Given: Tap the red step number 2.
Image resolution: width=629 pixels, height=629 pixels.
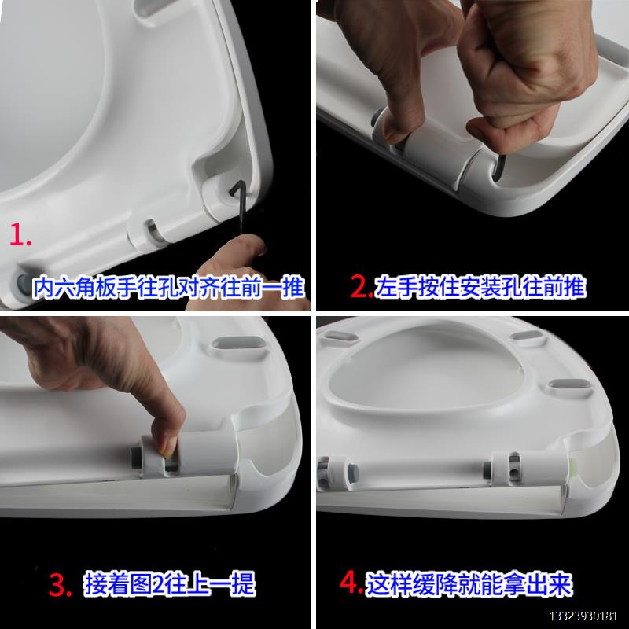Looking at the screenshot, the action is pyautogui.click(x=362, y=286).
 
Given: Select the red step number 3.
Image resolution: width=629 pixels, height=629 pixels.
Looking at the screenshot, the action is pyautogui.click(x=61, y=585).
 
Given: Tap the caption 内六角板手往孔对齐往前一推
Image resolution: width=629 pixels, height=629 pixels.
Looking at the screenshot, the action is pyautogui.click(x=168, y=287).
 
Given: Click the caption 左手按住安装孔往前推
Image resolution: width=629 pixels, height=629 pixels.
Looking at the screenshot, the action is pyautogui.click(x=480, y=286).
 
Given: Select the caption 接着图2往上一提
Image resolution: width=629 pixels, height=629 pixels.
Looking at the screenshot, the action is pyautogui.click(x=170, y=584).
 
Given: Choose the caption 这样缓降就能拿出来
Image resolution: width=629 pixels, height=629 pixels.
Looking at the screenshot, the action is pyautogui.click(x=469, y=583).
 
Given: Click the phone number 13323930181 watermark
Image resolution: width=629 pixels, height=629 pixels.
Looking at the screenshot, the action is pyautogui.click(x=583, y=616).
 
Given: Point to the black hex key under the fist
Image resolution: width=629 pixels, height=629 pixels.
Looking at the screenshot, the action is pyautogui.click(x=499, y=167).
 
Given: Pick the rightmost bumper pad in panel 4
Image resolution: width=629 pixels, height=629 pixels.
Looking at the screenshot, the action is pyautogui.click(x=568, y=385).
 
